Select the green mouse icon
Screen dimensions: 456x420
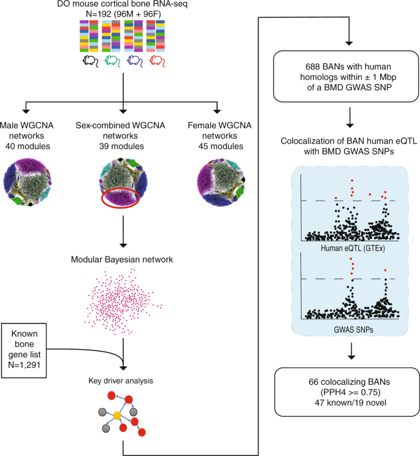point(112,61)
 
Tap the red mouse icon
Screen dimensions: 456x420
point(157,61)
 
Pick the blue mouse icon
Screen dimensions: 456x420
point(135,61)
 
